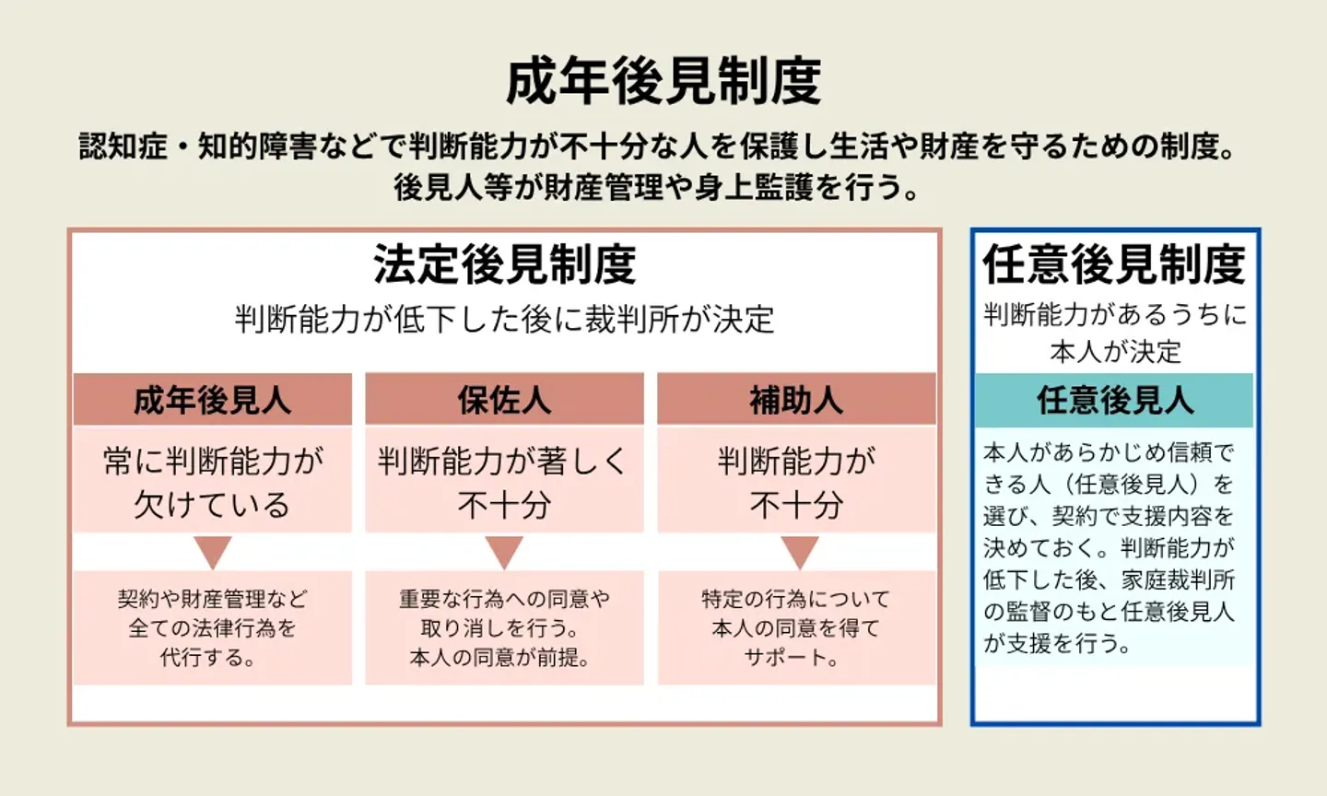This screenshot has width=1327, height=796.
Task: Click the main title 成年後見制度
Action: (663, 81)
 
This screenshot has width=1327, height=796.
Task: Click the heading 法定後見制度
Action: (504, 264)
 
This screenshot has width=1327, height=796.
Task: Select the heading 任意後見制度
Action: (1114, 264)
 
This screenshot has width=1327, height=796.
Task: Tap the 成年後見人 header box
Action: (212, 400)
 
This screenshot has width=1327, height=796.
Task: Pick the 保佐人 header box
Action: (504, 400)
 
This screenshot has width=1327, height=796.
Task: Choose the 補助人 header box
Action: (796, 400)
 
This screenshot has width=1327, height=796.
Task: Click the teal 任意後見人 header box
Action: (1114, 400)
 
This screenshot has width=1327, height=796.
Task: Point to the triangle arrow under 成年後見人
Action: (212, 552)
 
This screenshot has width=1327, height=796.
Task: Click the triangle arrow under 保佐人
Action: (504, 552)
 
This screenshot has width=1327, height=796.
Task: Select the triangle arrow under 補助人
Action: (799, 552)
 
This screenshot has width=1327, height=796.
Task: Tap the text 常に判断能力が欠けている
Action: (212, 482)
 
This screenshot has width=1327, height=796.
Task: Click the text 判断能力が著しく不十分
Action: (504, 482)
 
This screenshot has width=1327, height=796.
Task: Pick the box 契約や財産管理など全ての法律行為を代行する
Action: (212, 627)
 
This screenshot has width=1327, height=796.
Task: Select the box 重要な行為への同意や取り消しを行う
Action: (504, 627)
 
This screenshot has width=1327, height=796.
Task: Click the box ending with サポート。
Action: (796, 627)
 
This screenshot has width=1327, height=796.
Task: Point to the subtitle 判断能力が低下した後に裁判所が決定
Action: (504, 320)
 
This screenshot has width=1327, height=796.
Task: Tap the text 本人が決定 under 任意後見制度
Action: (1114, 351)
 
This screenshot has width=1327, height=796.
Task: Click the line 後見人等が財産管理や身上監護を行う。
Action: (657, 187)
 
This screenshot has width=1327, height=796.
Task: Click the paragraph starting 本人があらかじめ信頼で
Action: (1110, 547)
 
